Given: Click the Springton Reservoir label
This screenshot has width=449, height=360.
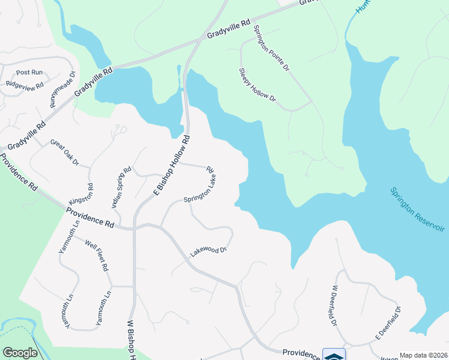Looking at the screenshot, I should point(417,211).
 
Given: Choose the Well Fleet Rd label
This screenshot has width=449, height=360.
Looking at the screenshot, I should point(97,256).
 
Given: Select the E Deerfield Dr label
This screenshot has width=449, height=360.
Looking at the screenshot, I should point(388,323).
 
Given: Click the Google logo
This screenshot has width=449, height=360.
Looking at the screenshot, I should point(20,353).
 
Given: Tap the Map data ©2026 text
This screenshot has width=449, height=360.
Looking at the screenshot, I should point(424,355).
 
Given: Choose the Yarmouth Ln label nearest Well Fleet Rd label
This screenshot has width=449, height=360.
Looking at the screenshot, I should point(68,238).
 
